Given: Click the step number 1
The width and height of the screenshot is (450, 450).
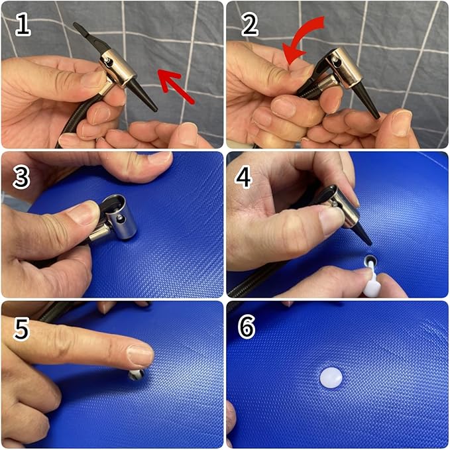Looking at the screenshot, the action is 23,26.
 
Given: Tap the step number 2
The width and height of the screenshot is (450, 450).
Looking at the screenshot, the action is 249,26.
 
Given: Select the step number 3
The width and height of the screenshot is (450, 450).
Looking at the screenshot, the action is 21,178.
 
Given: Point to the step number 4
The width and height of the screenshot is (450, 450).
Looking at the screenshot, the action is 244,178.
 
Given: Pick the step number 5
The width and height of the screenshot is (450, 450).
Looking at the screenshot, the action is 22,329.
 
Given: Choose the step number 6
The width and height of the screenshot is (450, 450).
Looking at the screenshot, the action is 247,327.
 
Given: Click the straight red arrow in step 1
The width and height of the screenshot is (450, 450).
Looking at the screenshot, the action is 176,85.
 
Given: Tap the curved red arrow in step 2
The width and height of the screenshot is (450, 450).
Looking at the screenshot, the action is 302,38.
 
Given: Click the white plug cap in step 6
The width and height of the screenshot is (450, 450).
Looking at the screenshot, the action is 331,378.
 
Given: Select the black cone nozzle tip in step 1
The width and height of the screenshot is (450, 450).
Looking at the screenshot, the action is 155,109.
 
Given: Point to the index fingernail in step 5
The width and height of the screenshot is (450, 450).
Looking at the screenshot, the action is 141,355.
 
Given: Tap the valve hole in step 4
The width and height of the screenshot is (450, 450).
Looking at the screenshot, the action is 370,260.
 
